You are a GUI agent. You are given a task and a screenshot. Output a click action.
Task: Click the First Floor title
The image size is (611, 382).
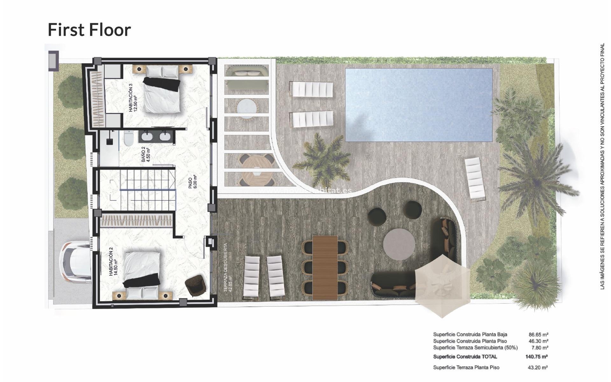tap(89, 30)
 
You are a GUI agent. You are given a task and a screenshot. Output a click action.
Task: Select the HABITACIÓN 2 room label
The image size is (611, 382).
tap(113, 263)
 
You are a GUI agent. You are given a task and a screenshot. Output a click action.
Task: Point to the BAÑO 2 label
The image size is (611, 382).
tap(145, 154)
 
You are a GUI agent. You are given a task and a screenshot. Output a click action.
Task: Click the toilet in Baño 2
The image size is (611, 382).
tap(129, 138)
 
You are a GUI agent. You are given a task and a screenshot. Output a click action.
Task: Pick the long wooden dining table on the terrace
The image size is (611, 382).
tap(325, 267)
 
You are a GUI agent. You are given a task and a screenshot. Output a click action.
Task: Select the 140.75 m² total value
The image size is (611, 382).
tap(537, 357)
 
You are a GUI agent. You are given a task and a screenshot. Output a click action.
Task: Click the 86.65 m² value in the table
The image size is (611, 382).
tap(538, 335)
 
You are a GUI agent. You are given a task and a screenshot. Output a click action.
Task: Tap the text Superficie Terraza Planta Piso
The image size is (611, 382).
tap(466, 367)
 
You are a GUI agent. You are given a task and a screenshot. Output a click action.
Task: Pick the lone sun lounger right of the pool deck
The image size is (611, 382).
tap(475, 179)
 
